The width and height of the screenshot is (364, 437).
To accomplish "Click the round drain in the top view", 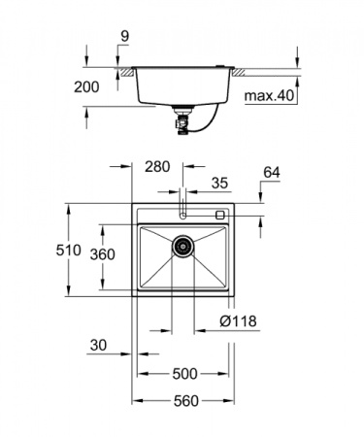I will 182,247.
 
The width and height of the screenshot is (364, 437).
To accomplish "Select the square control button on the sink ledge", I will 219,215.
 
